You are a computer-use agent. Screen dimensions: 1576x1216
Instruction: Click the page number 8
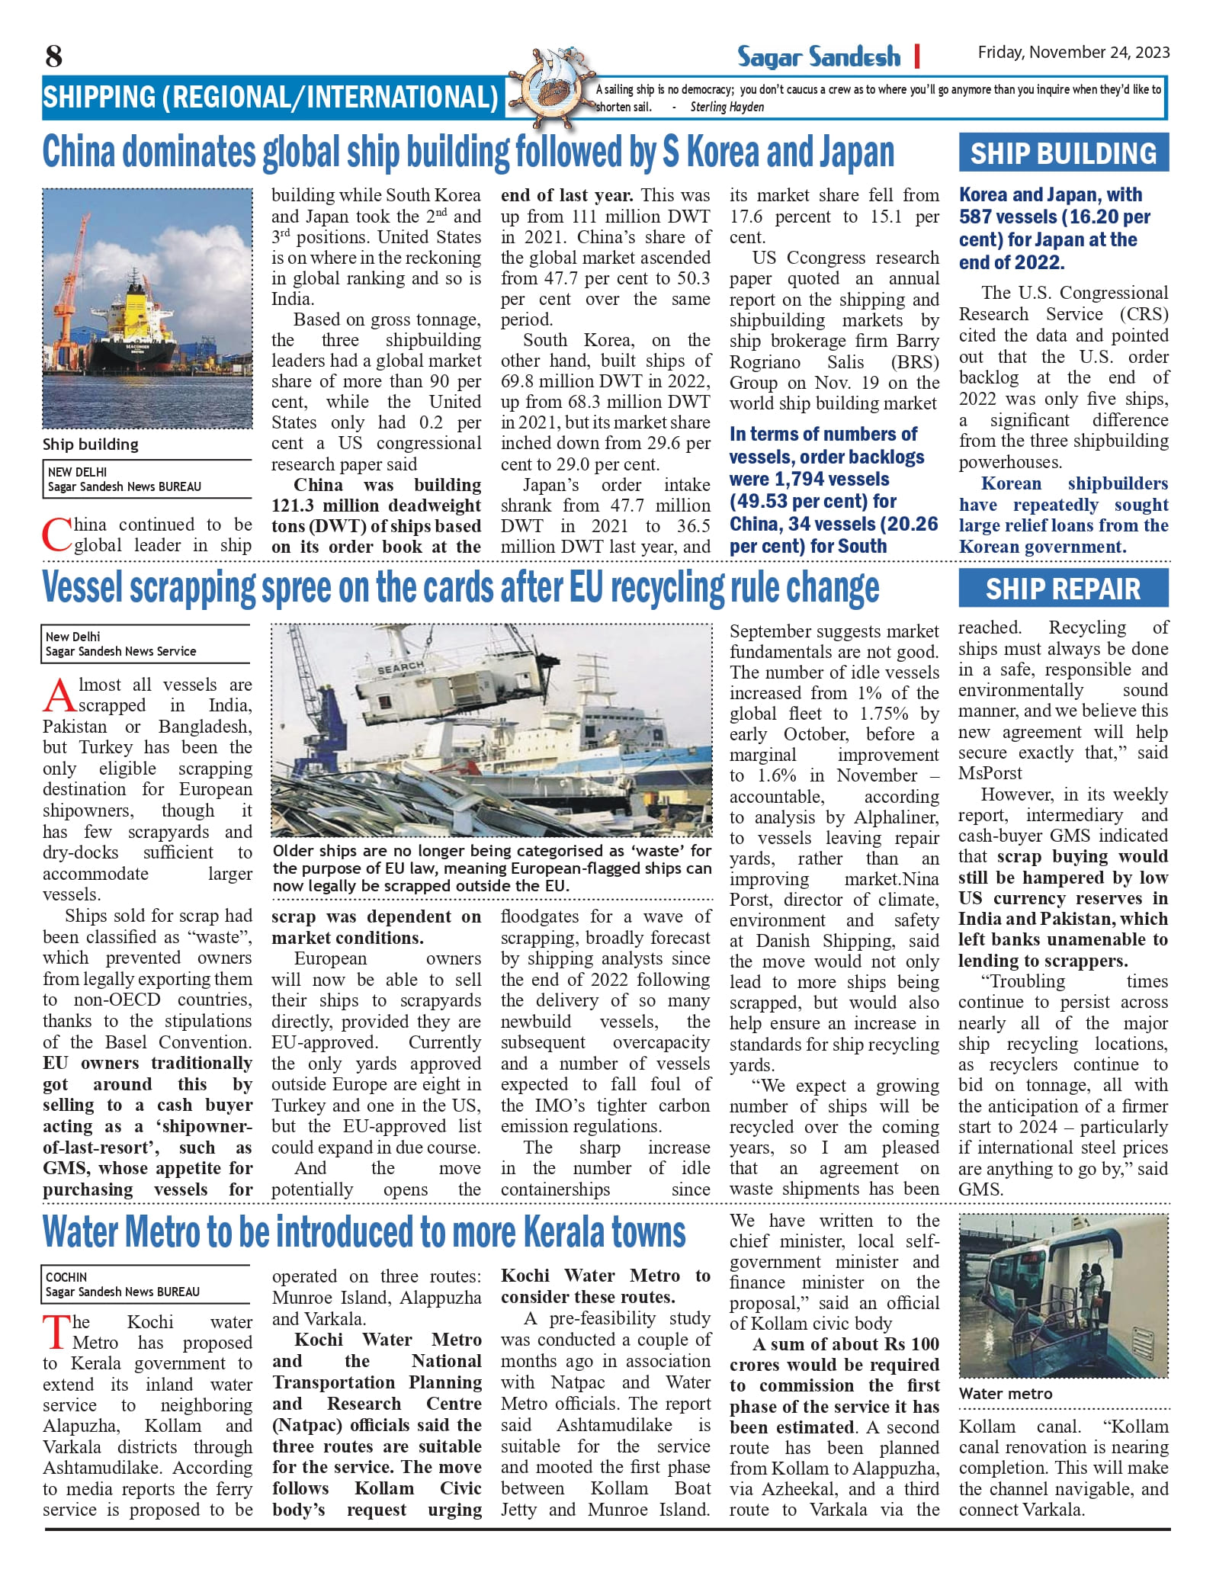click(x=53, y=56)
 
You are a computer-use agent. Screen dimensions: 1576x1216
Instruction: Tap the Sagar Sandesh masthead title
click(x=818, y=57)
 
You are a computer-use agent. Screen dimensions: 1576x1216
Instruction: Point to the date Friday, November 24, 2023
click(x=1073, y=53)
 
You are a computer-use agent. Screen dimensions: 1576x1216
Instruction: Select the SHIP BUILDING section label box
click(x=1064, y=154)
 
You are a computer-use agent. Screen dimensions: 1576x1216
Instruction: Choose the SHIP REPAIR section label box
click(x=1063, y=589)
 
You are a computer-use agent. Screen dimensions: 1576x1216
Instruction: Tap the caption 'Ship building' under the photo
click(x=91, y=445)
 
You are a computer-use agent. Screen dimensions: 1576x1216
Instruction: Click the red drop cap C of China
click(x=56, y=535)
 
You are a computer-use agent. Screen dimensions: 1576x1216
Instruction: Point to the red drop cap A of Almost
click(x=59, y=695)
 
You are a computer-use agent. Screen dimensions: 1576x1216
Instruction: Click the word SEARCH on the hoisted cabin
click(x=400, y=668)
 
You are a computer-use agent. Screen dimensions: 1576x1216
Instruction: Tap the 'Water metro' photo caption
click(x=1005, y=1393)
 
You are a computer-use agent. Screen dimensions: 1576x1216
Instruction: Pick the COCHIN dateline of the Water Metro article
click(x=66, y=1277)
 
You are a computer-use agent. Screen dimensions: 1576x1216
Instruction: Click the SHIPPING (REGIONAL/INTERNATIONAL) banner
click(x=271, y=98)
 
